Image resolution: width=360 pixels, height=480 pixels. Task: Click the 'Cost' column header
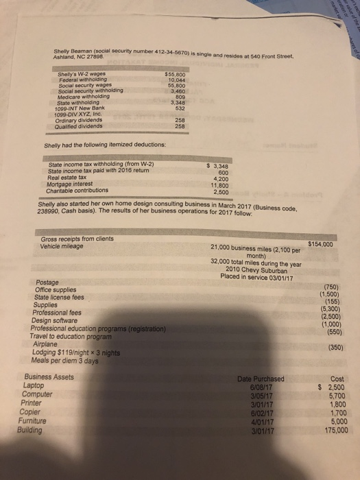tap(337, 379)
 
